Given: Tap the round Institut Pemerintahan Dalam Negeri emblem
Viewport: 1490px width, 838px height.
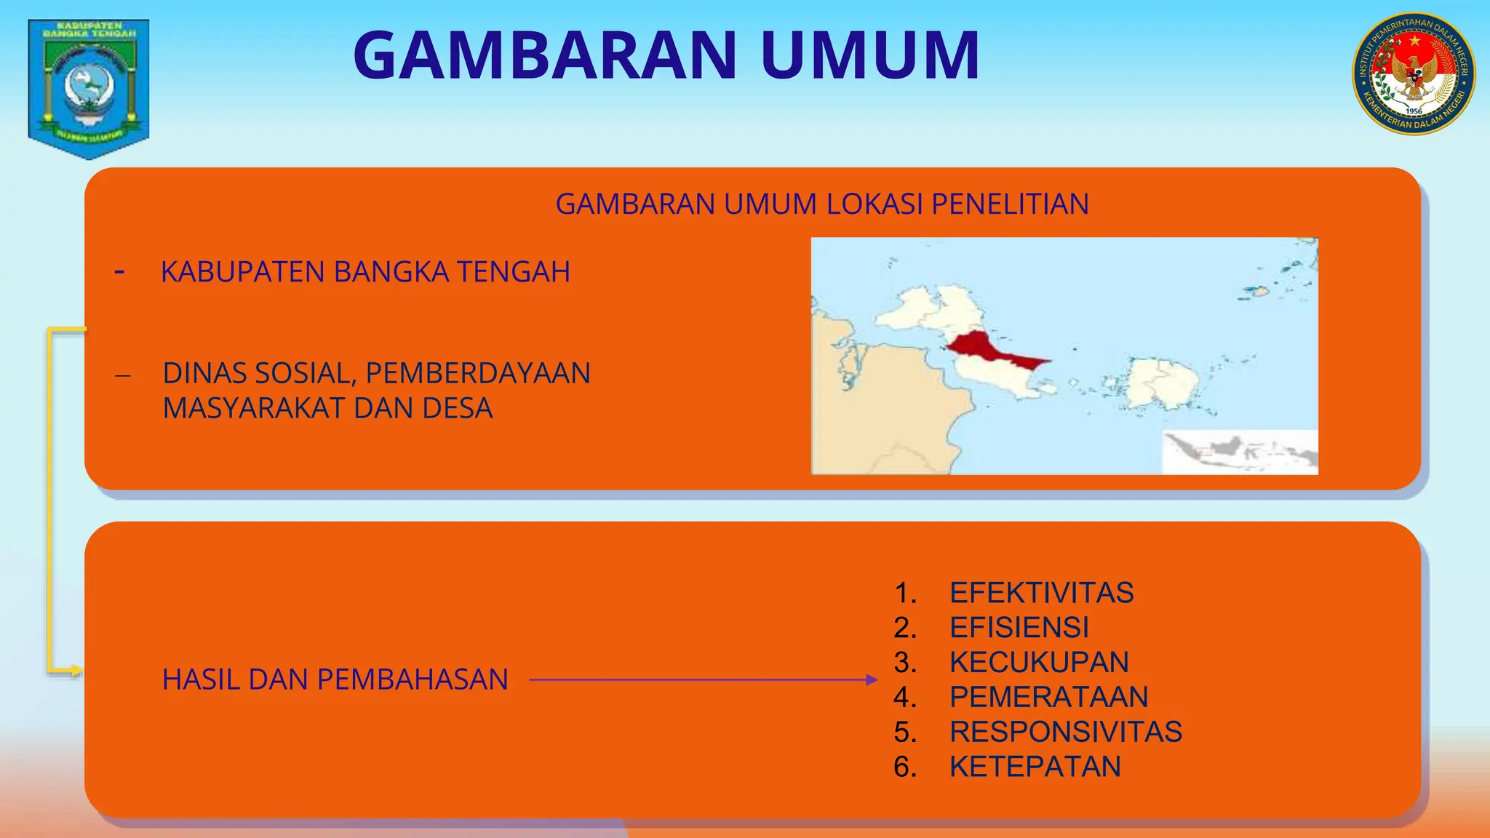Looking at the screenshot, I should coord(1414,74).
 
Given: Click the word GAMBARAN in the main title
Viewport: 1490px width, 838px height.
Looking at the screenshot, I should coord(545,55).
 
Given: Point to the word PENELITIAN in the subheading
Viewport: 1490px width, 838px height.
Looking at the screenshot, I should coord(1010,204).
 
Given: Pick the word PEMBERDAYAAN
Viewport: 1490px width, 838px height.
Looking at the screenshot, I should coord(478,373).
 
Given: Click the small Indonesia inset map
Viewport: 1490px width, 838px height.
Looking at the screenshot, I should coord(1240,452).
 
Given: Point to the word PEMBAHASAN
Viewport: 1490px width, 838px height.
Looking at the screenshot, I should coord(413,679).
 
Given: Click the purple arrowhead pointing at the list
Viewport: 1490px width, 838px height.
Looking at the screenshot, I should coord(872,680).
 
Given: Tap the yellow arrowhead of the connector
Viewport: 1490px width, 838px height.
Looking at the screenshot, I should coord(76,671).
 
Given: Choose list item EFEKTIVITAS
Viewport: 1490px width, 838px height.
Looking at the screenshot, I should coord(1041,593).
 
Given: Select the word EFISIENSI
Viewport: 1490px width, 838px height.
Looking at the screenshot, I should coord(1019,628).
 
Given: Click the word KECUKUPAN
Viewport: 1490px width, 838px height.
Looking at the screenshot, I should coord(1039,663).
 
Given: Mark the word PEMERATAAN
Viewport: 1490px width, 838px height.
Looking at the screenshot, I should coord(1048,697).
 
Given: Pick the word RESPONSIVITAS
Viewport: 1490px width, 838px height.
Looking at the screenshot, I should coord(1066,732).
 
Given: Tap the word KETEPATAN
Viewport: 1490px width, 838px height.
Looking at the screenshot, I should coord(1035,767).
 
